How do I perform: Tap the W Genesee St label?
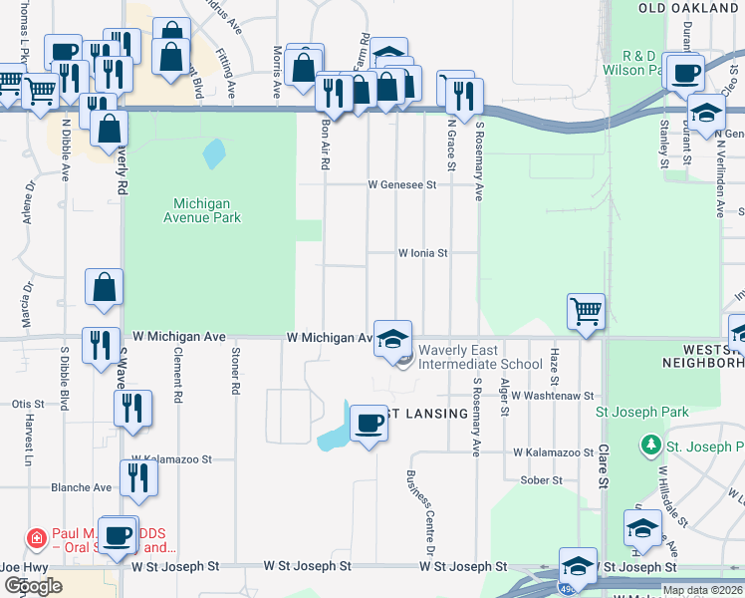point(401,184)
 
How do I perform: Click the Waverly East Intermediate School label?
point(480,357)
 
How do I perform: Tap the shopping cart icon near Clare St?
point(586,311)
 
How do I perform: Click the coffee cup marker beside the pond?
point(369,423)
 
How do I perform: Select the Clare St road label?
point(602,467)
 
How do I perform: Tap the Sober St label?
point(542,479)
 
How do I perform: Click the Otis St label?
point(28,404)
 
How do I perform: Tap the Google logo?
point(33,586)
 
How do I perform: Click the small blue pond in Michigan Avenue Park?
point(212,153)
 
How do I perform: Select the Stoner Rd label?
point(235,371)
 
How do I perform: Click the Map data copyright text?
point(702,590)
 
